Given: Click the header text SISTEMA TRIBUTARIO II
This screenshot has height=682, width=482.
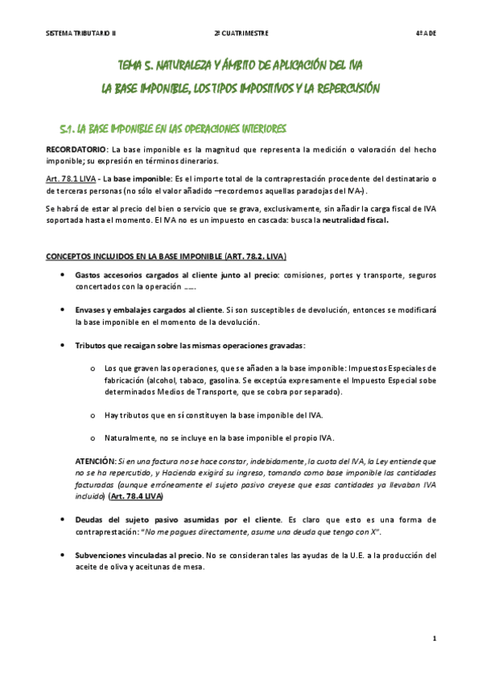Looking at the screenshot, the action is [x=81, y=33].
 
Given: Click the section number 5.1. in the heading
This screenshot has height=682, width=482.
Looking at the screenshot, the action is [x=68, y=129].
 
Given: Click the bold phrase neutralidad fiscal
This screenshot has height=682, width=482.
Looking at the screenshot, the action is [x=355, y=220].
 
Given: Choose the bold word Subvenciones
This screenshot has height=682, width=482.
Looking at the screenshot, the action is [x=105, y=555].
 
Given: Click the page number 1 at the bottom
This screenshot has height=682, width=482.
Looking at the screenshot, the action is [x=435, y=639].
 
